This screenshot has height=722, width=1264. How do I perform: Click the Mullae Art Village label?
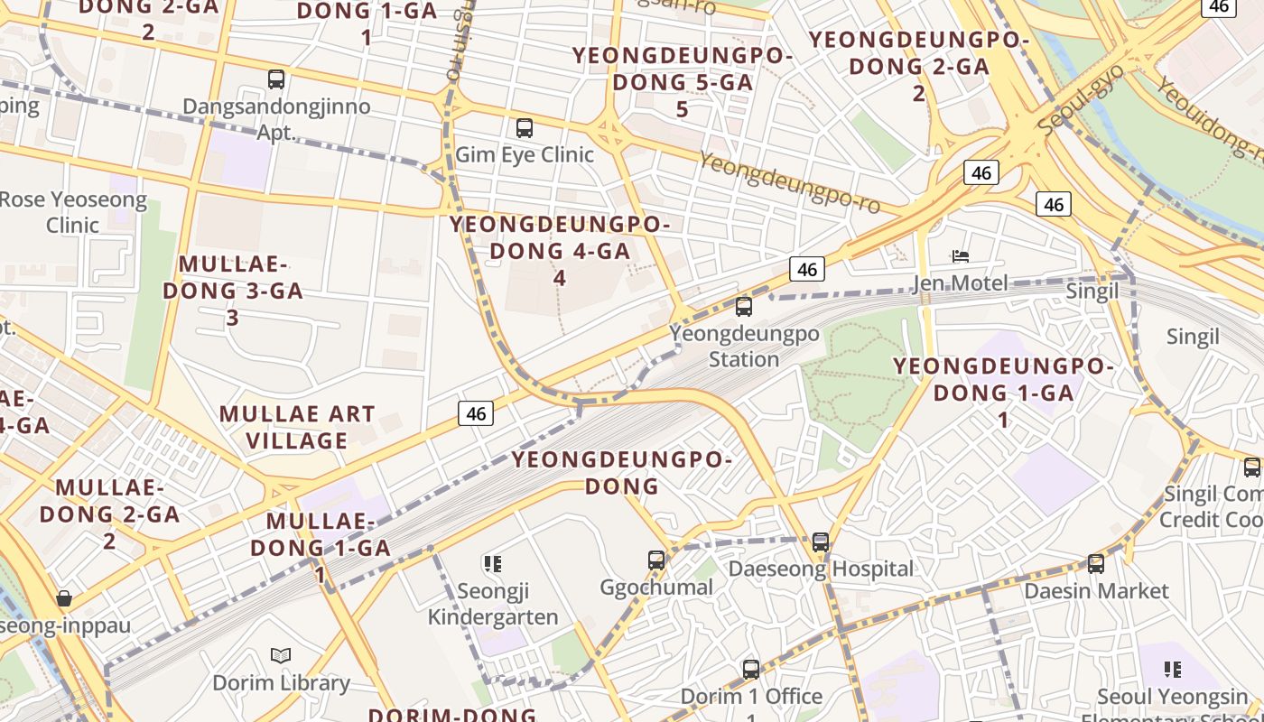(x=297, y=427)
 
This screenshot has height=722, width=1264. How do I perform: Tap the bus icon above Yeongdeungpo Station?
(x=744, y=307)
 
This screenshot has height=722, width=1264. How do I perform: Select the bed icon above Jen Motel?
(x=961, y=256)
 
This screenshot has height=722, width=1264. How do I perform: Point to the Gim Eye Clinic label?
(x=525, y=154)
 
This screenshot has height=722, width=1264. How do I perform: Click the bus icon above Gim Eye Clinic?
(x=525, y=128)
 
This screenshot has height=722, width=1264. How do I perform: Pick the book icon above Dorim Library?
(x=281, y=655)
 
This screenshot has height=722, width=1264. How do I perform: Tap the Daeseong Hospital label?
(x=821, y=569)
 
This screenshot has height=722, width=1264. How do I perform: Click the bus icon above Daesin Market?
(x=1096, y=564)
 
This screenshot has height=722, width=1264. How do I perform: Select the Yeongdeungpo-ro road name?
(x=776, y=182)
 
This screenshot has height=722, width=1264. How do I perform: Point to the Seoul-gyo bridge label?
(x=1082, y=97)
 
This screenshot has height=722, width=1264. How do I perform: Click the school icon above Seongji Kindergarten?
(x=492, y=564)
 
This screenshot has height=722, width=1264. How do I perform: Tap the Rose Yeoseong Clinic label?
(x=73, y=211)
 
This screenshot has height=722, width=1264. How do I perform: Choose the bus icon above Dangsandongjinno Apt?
(x=276, y=79)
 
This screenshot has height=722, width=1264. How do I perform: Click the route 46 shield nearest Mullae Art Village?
(x=477, y=414)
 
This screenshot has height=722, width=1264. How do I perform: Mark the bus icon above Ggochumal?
(x=656, y=560)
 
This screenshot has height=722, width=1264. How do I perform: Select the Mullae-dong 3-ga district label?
(x=233, y=291)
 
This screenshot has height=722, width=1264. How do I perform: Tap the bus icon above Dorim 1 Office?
(x=751, y=670)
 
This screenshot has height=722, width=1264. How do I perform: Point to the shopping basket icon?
(x=64, y=598)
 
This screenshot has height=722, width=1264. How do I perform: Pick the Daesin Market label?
(x=1096, y=591)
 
